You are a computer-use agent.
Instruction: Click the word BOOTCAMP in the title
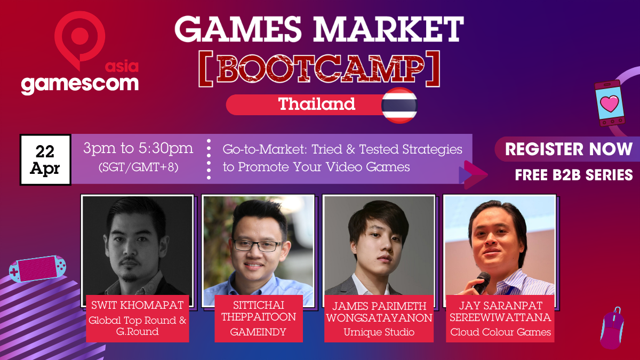pyautogui.click(x=319, y=69)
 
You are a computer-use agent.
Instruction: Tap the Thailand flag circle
pyautogui.click(x=399, y=106)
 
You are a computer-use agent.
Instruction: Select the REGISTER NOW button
pyautogui.click(x=569, y=149)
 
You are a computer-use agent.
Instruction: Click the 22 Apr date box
pyautogui.click(x=45, y=159)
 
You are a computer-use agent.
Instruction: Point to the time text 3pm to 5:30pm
pyautogui.click(x=138, y=148)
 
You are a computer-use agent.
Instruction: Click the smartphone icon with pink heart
pyautogui.click(x=609, y=103)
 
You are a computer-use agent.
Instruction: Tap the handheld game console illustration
pyautogui.click(x=37, y=269)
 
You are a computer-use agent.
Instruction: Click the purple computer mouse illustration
pyautogui.click(x=612, y=329)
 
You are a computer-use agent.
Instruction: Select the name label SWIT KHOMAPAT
pyautogui.click(x=138, y=305)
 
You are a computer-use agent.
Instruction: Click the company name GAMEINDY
pyautogui.click(x=258, y=332)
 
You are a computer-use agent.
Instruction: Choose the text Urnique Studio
pyautogui.click(x=379, y=332)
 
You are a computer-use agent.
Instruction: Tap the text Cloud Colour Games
pyautogui.click(x=501, y=332)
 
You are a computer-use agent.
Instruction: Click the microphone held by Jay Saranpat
pyautogui.click(x=482, y=282)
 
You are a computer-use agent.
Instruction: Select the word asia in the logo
pyautogui.click(x=122, y=67)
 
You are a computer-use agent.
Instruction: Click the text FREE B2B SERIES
pyautogui.click(x=574, y=175)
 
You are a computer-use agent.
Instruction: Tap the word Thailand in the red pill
pyautogui.click(x=317, y=104)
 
